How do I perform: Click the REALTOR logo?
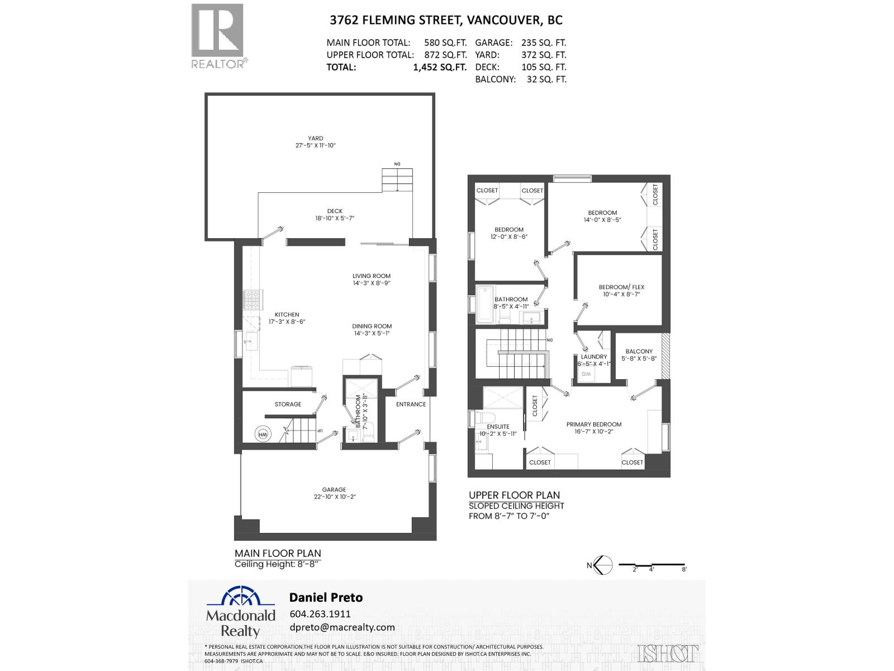click(218, 35)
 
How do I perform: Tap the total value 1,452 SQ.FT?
click(439, 67)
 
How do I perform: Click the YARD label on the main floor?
click(315, 138)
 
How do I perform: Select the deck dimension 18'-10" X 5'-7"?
click(335, 219)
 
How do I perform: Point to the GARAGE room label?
click(334, 489)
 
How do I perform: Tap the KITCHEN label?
click(287, 315)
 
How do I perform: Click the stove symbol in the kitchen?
click(252, 300)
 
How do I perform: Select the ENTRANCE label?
click(411, 404)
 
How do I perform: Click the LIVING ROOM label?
click(371, 276)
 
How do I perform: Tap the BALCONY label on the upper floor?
click(639, 351)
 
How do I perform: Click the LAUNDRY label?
click(593, 356)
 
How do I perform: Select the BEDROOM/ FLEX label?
click(621, 287)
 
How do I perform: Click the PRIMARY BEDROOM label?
click(593, 424)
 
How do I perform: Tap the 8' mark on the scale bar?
click(684, 569)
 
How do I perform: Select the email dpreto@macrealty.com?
click(342, 627)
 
